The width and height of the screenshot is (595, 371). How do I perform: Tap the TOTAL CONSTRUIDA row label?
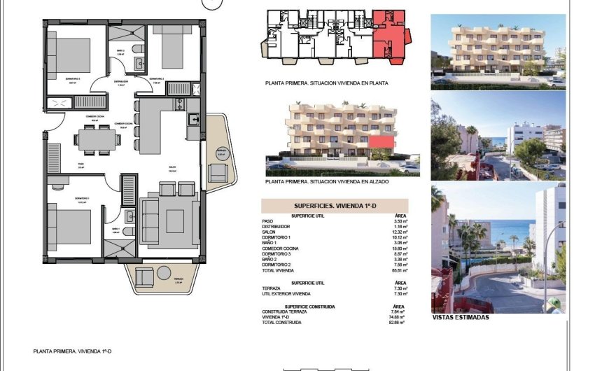pos(282,323)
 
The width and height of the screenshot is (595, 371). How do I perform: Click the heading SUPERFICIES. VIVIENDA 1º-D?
pos(333,206)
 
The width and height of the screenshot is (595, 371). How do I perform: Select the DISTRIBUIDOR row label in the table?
pos(274,227)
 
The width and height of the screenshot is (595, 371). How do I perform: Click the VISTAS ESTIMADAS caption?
pos(461,317)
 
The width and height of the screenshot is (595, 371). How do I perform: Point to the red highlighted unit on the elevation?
pos(380,143)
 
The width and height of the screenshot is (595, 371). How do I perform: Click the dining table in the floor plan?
pos(98,140)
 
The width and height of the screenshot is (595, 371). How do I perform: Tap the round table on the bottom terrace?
pos(143,277)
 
